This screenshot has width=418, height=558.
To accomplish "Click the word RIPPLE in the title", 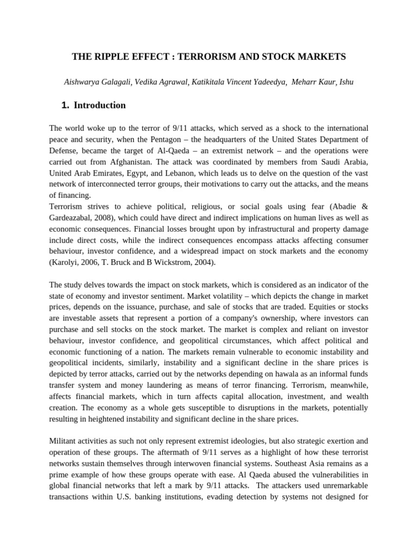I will coord(112,56).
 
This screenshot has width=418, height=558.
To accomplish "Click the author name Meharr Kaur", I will coord(313,82).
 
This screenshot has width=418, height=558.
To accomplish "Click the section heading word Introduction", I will coord(100,105).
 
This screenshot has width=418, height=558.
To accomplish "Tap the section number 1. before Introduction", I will coord(66,105).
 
